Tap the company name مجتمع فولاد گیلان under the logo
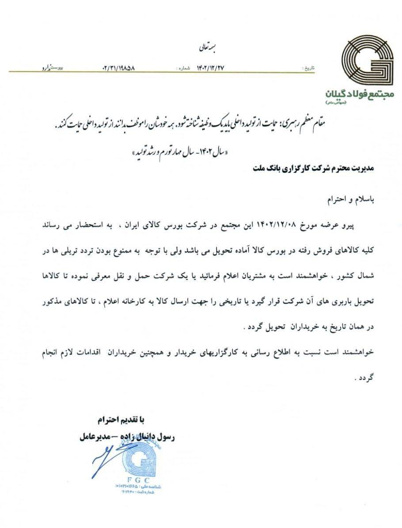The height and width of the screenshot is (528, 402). coord(360,94)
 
